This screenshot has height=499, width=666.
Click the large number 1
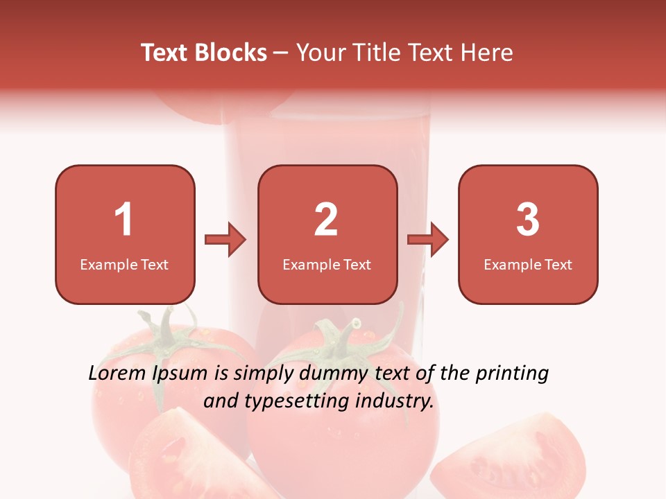pyautogui.click(x=123, y=220)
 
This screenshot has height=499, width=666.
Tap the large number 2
pyautogui.click(x=326, y=220)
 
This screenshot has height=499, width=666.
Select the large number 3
pyautogui.click(x=528, y=220)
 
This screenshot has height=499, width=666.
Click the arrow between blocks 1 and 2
pyautogui.click(x=225, y=240)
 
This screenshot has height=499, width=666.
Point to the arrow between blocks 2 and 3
pyautogui.click(x=428, y=240)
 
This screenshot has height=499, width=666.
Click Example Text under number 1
pyautogui.click(x=124, y=264)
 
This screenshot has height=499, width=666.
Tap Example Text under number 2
pyautogui.click(x=327, y=264)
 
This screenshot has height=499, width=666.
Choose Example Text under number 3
pyautogui.click(x=528, y=264)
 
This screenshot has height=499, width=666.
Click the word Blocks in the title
pyautogui.click(x=230, y=53)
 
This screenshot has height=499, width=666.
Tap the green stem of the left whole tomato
pyautogui.click(x=166, y=333)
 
